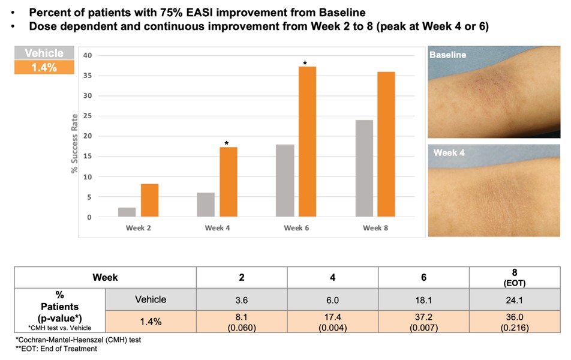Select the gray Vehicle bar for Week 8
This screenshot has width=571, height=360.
click(x=364, y=168)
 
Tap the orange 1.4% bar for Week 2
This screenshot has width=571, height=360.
click(x=149, y=200)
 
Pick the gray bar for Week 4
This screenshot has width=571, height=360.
click(x=206, y=205)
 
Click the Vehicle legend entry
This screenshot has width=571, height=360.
click(x=44, y=53)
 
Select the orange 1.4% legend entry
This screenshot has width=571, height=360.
click(x=44, y=67)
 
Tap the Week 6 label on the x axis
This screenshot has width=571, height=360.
click(x=293, y=228)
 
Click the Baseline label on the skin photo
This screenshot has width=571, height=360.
click(x=447, y=55)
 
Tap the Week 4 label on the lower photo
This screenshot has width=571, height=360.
click(x=449, y=153)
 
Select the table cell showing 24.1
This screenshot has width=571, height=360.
click(x=515, y=299)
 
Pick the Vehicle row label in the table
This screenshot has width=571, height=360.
click(x=150, y=299)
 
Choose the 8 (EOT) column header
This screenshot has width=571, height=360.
click(x=515, y=277)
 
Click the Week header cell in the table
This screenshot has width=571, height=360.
click(x=105, y=278)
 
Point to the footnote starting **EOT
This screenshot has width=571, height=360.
click(x=56, y=349)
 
